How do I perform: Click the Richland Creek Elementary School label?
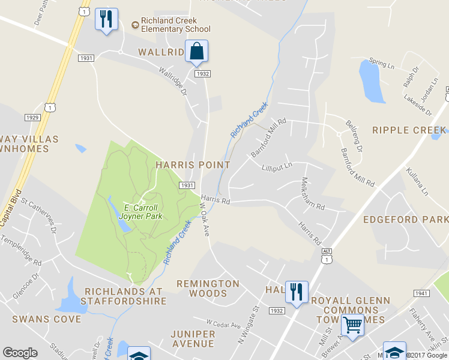(171, 25)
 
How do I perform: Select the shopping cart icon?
(352, 325)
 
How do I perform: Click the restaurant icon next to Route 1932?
(296, 293)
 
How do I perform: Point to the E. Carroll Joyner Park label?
(142, 211)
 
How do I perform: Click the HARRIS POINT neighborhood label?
(193, 164)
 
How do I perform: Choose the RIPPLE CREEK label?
(409, 130)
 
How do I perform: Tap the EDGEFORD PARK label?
(405, 220)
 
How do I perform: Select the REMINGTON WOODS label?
(208, 288)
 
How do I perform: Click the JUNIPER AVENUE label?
(192, 338)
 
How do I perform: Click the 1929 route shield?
(32, 117)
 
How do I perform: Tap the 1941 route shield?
(421, 293)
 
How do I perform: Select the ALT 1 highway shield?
(326, 256)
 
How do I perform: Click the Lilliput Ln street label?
(277, 166)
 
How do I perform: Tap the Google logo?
(20, 353)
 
